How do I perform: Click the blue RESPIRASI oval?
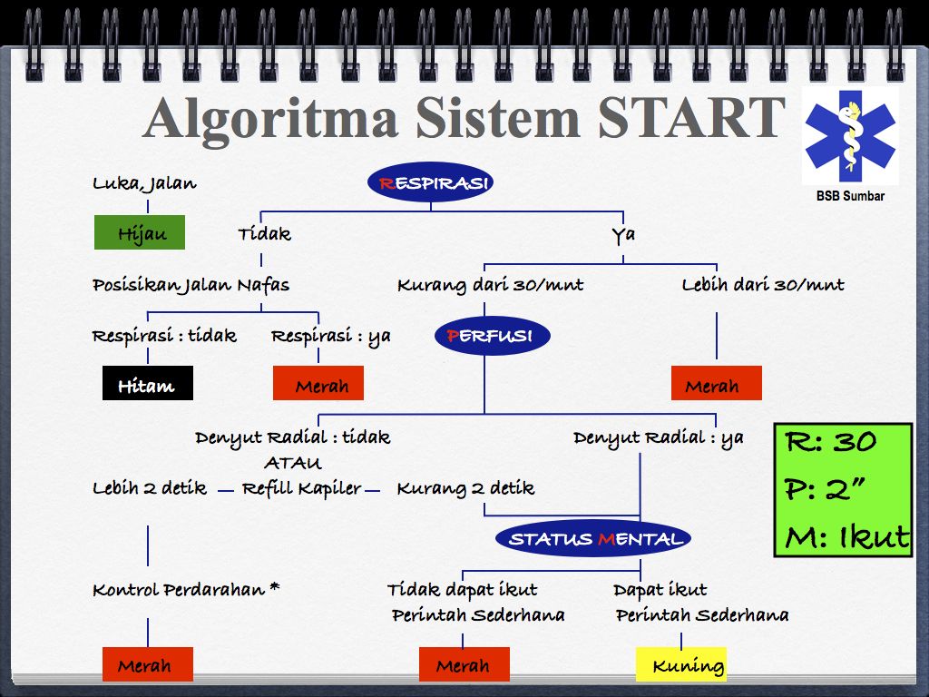tap(430, 182)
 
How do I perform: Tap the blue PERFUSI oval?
tap(493, 336)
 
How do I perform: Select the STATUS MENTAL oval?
tap(593, 538)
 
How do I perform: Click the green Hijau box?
tap(140, 232)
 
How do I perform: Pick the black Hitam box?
tap(148, 383)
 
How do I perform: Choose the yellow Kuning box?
tap(681, 663)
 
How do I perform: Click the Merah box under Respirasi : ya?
tap(318, 383)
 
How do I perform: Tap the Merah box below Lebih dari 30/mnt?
tap(717, 383)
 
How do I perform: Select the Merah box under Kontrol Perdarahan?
tap(148, 663)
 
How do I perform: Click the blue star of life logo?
tap(850, 136)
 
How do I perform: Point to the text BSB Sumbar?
tap(850, 196)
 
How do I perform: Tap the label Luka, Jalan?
tap(144, 183)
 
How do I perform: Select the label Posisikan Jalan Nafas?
tap(191, 286)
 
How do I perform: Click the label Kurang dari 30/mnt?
tap(490, 286)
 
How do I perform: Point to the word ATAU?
tap(293, 463)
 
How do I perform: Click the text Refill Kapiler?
tap(301, 489)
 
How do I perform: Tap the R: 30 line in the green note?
tap(831, 442)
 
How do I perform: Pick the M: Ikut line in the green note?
tap(846, 536)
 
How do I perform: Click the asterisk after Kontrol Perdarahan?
tap(274, 587)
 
